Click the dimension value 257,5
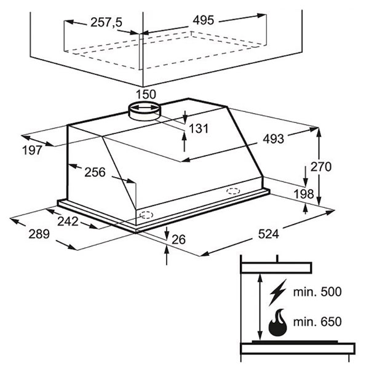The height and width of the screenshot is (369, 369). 106,23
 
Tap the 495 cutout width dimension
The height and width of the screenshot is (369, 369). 204,20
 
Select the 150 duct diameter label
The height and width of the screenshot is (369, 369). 146,94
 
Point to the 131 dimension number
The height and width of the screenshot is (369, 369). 199,129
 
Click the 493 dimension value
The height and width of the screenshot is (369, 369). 274,139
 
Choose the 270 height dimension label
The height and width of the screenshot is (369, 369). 321,167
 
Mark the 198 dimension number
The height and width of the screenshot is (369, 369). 304,194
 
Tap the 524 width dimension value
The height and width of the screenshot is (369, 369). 269,234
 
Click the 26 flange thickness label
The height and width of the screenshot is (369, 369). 178,240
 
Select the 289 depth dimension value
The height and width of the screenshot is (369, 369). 39,234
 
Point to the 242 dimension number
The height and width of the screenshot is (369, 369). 68,221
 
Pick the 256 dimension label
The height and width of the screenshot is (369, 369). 95,172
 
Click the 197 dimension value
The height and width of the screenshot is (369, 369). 32,150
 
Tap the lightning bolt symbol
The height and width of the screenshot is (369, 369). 278,293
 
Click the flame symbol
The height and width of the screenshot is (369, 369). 278,323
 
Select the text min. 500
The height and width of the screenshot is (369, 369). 317,292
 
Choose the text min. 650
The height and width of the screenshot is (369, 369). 317,322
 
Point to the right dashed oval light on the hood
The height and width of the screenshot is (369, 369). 233,191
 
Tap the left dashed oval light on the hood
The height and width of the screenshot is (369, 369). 146,215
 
